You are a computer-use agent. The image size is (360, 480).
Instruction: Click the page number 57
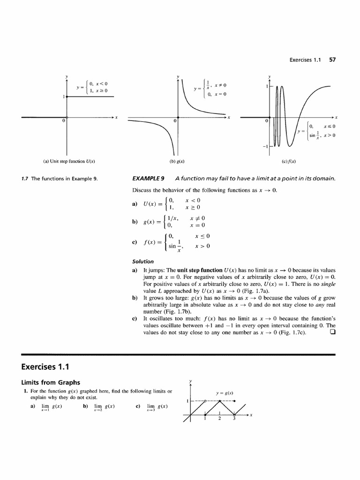click(x=333, y=60)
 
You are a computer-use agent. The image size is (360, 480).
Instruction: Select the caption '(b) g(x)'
click(x=177, y=162)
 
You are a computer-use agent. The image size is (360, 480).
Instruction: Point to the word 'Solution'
click(x=143, y=262)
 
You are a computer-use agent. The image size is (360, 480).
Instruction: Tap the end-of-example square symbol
click(x=332, y=333)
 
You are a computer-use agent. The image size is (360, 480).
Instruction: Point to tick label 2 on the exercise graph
click(x=219, y=419)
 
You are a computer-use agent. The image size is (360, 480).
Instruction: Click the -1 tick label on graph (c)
click(x=264, y=147)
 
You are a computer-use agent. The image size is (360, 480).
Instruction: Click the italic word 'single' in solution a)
click(x=329, y=284)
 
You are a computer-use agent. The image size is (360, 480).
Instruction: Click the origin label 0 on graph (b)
click(x=174, y=121)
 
